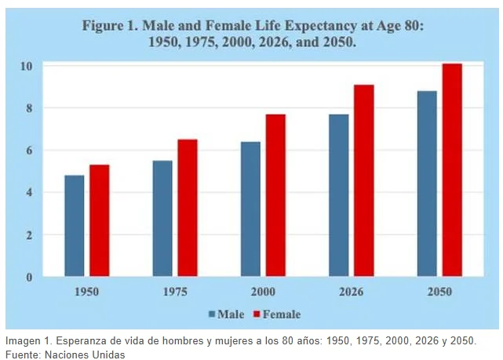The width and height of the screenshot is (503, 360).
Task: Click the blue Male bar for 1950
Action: click(x=75, y=226)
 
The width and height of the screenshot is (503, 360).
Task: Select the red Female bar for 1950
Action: click(x=100, y=220)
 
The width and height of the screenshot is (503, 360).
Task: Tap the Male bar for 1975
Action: click(x=162, y=218)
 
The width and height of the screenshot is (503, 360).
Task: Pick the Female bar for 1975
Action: click(x=188, y=208)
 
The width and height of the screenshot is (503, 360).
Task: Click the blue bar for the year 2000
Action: click(x=251, y=209)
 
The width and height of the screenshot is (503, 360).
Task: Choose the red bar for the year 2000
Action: click(x=276, y=195)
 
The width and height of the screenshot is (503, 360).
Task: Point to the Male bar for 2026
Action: click(x=339, y=195)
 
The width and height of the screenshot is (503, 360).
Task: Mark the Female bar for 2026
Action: click(x=364, y=180)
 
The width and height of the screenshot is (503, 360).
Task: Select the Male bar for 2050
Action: click(x=427, y=184)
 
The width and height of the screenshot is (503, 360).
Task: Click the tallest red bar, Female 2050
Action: click(x=452, y=170)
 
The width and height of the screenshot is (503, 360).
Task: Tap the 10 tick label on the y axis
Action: click(x=27, y=66)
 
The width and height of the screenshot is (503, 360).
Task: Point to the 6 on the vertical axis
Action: click(x=29, y=151)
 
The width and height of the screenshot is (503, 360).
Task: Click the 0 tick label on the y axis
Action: click(x=29, y=277)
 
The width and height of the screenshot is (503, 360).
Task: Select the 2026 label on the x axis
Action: click(x=352, y=292)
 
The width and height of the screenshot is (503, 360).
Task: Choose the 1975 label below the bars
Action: click(x=175, y=292)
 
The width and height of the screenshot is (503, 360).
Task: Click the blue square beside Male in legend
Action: click(x=212, y=314)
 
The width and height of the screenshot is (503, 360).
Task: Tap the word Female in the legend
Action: click(x=282, y=315)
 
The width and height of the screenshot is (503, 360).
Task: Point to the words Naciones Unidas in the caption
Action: click(x=85, y=355)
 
